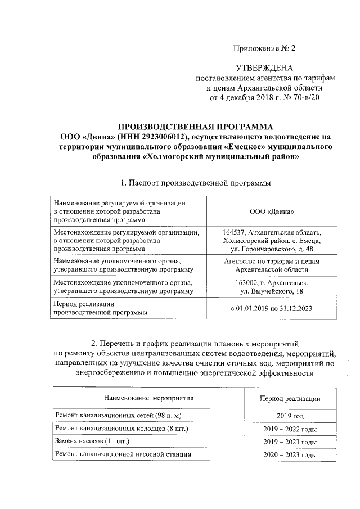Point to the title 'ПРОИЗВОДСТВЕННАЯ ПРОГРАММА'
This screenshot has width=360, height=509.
[195, 127]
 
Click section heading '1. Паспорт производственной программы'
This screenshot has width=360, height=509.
[195, 183]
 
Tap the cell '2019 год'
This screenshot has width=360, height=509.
[290, 416]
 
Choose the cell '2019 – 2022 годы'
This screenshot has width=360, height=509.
[290, 429]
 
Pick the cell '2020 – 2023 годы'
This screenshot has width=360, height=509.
[290, 454]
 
